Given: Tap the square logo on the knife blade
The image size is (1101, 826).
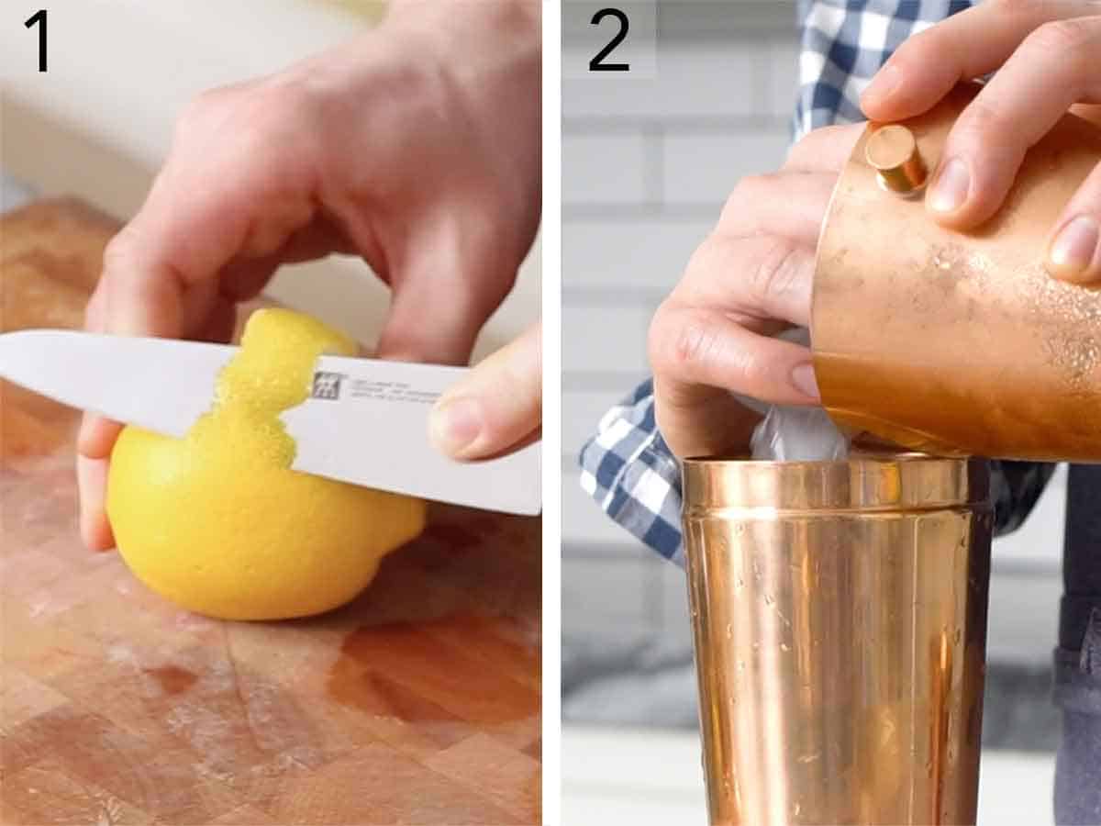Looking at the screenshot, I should coord(326,385).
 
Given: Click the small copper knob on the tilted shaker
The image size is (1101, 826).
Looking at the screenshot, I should coord(895,160).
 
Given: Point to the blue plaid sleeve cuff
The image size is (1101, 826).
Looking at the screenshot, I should coord(633,477).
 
